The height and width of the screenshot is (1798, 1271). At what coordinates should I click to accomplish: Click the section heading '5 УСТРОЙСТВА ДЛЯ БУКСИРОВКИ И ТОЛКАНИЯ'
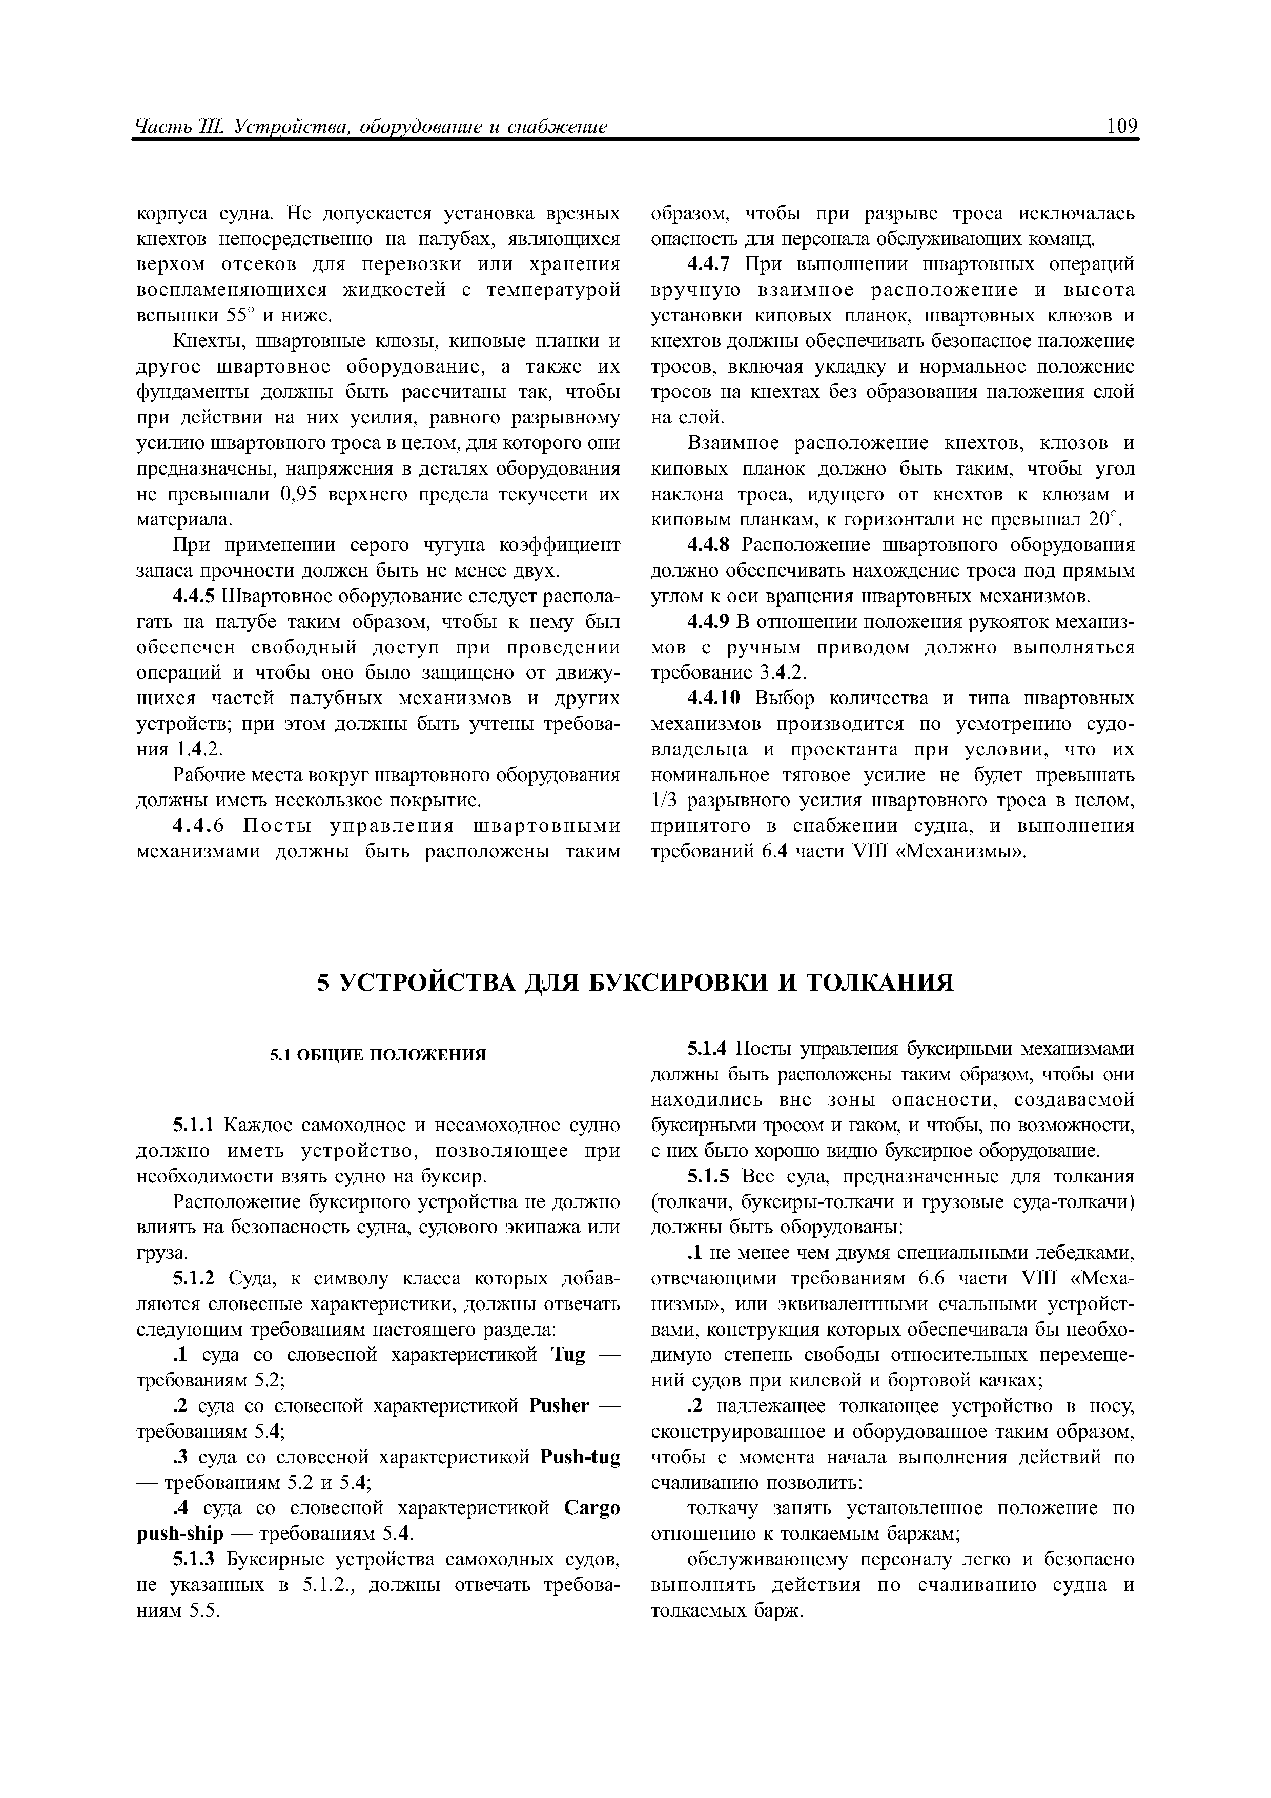(x=635, y=983)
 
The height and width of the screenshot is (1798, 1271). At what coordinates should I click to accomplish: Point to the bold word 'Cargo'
(x=591, y=1508)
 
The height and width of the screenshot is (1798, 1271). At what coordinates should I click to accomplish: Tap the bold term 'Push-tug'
(x=580, y=1457)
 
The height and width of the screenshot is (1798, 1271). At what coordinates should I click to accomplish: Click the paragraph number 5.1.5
(x=708, y=1177)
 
